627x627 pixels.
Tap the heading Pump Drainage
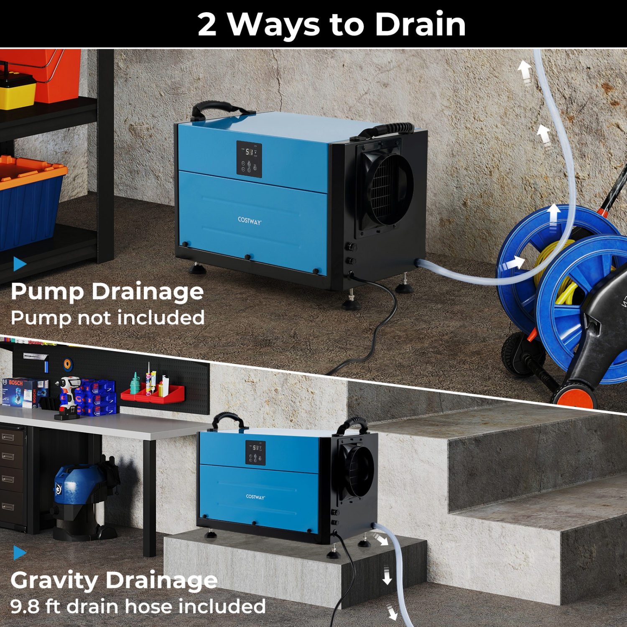(x=107, y=292)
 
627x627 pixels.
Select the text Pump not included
(x=107, y=318)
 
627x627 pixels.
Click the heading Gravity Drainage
(x=114, y=581)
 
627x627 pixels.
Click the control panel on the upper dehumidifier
(x=249, y=159)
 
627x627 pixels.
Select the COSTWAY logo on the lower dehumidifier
(x=255, y=497)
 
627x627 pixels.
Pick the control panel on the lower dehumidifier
(x=255, y=452)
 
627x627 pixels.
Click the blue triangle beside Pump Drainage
(x=19, y=264)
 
